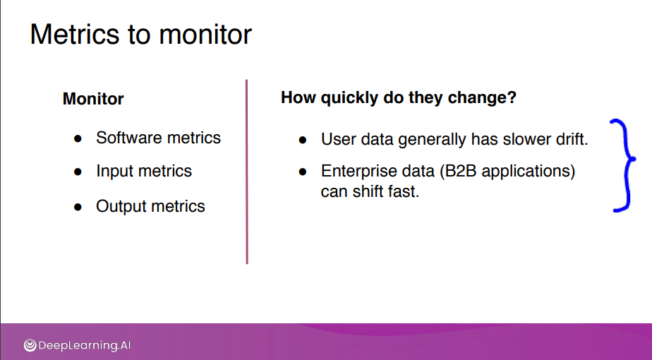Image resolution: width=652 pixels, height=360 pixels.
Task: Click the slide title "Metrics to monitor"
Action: pos(141,34)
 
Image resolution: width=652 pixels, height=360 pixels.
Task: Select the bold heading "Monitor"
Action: pos(93,99)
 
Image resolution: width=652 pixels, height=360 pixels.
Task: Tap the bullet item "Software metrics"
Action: pos(159,138)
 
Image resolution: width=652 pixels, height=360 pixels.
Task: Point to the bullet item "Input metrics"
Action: pos(144,171)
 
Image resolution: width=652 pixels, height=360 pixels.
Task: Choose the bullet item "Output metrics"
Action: pos(150,206)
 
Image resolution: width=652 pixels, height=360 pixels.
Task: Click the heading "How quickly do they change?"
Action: pos(399,98)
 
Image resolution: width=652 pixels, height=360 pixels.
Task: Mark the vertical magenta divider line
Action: pos(247,172)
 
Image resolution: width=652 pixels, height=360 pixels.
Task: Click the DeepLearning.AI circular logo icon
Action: pos(30,345)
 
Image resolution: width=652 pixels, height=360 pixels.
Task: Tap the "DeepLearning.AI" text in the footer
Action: pos(85,345)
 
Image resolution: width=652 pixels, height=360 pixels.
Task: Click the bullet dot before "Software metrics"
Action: pos(78,138)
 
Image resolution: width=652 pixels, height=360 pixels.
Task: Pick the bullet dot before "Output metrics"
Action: pos(78,207)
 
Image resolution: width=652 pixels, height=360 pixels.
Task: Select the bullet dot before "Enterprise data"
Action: pos(303,172)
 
